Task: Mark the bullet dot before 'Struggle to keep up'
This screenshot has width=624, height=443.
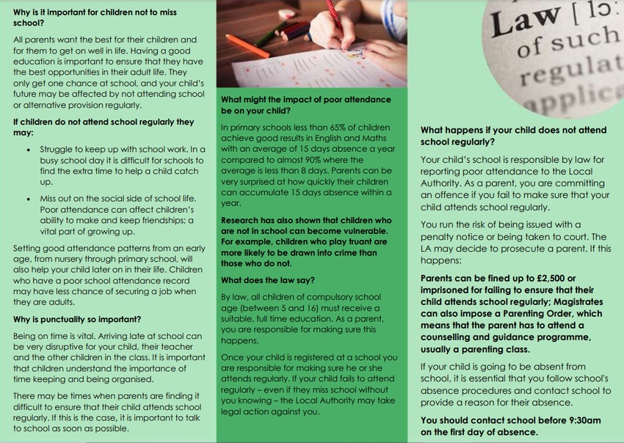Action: point(29,148)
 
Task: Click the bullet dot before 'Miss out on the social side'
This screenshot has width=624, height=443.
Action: point(29,199)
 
